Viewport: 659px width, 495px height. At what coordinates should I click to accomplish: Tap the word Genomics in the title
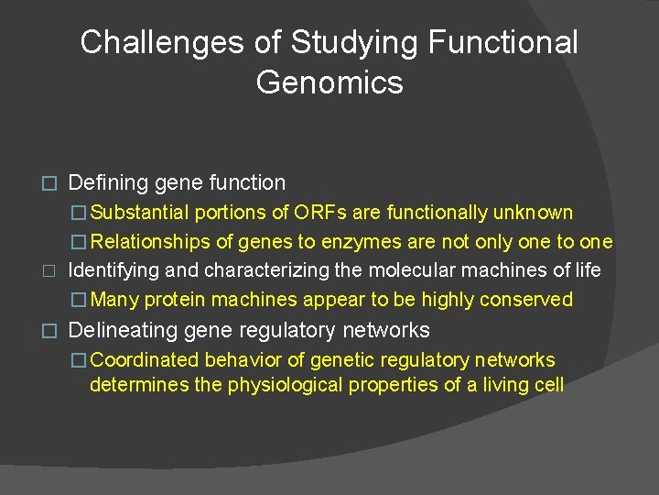(x=329, y=82)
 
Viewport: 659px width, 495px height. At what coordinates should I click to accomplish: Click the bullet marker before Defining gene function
(x=51, y=184)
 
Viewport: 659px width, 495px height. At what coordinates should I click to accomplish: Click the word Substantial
(x=139, y=214)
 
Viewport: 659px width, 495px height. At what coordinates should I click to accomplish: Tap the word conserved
(x=530, y=300)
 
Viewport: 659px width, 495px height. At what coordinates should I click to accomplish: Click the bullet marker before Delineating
(x=51, y=331)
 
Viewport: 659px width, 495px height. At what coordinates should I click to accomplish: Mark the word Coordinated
(x=146, y=360)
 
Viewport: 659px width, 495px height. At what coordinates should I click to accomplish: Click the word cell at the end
(x=549, y=385)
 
